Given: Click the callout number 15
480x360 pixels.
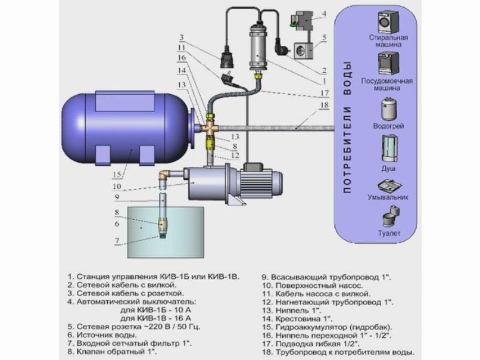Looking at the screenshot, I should [x=118, y=174].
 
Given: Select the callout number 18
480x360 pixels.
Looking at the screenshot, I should [x=325, y=105].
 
